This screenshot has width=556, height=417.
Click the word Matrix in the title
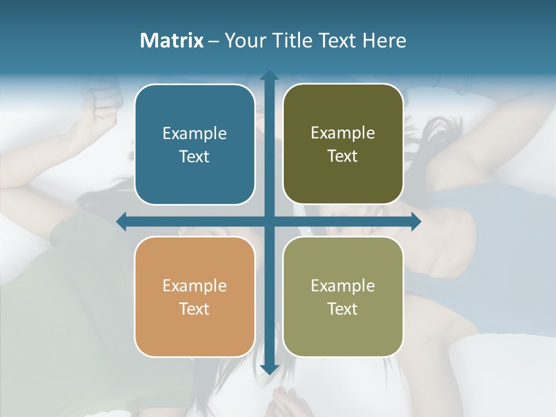pyautogui.click(x=171, y=41)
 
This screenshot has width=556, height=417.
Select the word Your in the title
pyautogui.click(x=243, y=41)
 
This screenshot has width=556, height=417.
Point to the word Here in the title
pyautogui.click(x=384, y=41)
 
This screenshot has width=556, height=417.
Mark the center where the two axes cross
pyautogui.click(x=269, y=221)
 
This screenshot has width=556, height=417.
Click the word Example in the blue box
pyautogui.click(x=195, y=134)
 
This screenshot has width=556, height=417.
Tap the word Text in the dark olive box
pyautogui.click(x=343, y=156)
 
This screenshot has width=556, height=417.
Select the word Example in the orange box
pyautogui.click(x=195, y=286)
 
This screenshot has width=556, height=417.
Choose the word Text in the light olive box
pyautogui.click(x=343, y=309)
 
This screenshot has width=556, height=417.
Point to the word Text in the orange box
pyautogui.click(x=195, y=309)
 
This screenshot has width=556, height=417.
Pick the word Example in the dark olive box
pyautogui.click(x=343, y=133)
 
